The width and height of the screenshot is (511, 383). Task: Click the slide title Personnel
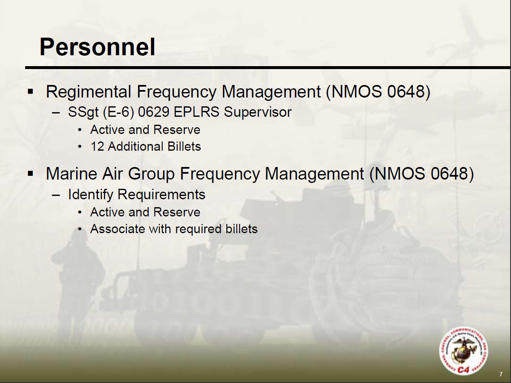pyautogui.click(x=97, y=47)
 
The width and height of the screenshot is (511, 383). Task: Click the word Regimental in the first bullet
pyautogui.click(x=88, y=92)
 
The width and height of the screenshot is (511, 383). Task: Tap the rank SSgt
pyautogui.click(x=83, y=113)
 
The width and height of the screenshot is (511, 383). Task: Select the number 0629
pyautogui.click(x=153, y=112)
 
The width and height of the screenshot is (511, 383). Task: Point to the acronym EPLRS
pyautogui.click(x=196, y=112)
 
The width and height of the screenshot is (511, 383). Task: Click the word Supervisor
pyautogui.click(x=258, y=113)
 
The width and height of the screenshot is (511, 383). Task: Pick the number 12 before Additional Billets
pyautogui.click(x=97, y=147)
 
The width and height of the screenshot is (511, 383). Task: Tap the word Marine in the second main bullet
pyautogui.click(x=72, y=174)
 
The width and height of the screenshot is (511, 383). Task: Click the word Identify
pyautogui.click(x=90, y=195)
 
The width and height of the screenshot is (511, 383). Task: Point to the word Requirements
pyautogui.click(x=161, y=195)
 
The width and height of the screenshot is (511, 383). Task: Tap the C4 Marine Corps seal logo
pyautogui.click(x=464, y=351)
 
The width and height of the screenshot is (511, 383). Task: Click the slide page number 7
pyautogui.click(x=501, y=374)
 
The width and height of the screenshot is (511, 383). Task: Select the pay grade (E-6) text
pyautogui.click(x=118, y=113)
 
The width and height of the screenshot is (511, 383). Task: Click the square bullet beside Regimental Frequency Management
pyautogui.click(x=30, y=91)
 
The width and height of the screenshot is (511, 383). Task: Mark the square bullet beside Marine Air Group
pyautogui.click(x=30, y=173)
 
